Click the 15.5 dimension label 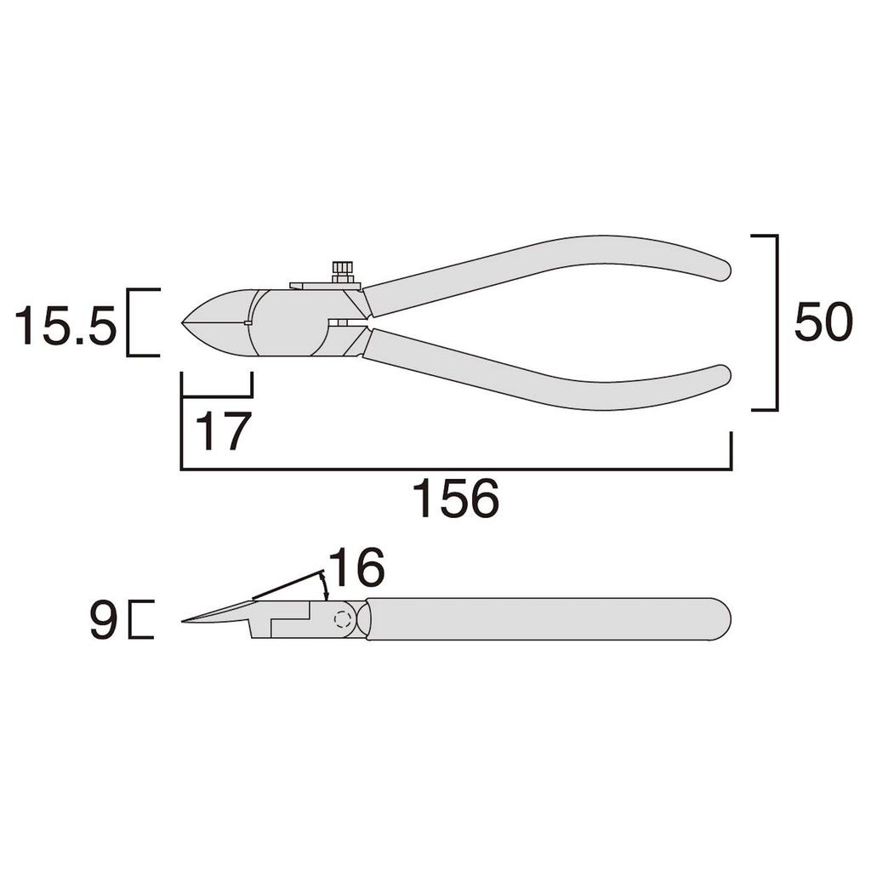pos(65,325)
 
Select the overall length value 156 pos(456,498)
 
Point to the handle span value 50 pos(823,322)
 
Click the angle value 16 pos(356,567)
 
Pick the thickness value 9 pos(103,620)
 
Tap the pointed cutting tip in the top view pos(183,322)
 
